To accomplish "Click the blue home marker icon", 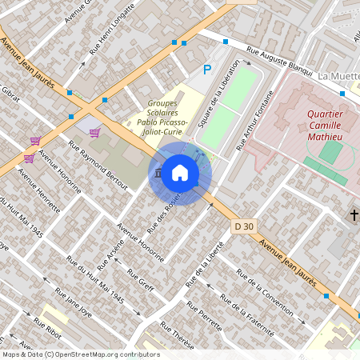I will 180,173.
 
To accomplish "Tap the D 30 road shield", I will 244,227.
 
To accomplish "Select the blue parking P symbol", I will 207,70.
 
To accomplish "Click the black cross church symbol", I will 354,214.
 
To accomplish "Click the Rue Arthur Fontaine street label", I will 256,121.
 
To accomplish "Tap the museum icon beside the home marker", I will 158,174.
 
